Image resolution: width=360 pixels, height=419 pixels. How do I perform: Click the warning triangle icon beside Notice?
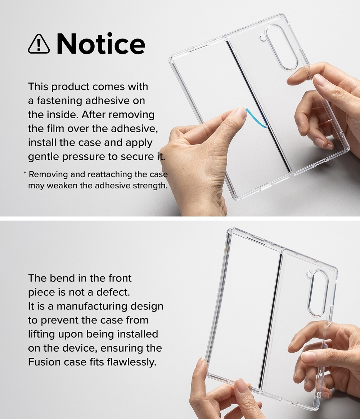(39, 44)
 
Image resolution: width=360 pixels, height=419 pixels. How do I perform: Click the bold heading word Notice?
(101, 44)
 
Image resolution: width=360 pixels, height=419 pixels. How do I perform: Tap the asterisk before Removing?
(25, 173)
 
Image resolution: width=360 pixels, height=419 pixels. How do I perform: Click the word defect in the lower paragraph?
(113, 292)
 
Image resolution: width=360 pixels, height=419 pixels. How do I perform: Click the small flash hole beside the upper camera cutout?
(262, 39)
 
